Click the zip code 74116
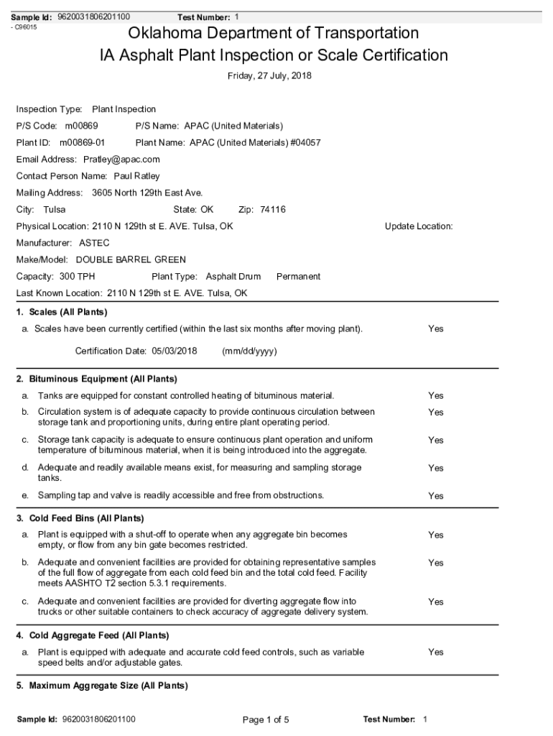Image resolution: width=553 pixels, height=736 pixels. point(273,210)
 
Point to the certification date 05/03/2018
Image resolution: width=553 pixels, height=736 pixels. point(174,351)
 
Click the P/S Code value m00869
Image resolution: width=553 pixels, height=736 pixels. point(81,126)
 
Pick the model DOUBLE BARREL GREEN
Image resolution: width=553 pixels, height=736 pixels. point(131,259)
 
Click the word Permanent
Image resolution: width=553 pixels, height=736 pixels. point(298,277)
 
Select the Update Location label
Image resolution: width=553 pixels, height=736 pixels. point(419,226)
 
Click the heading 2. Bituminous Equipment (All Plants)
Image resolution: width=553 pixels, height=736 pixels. point(96,379)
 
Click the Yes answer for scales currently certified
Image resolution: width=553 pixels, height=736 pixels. point(436,329)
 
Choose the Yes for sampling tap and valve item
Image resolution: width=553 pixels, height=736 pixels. point(436,496)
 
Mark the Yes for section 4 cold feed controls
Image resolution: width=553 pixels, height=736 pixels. point(436,653)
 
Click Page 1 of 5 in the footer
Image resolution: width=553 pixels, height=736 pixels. point(266,719)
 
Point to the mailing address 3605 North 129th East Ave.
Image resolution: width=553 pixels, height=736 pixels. point(147,193)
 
